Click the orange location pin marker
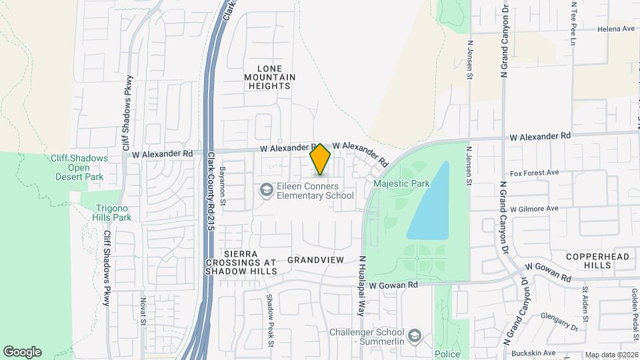click(321, 159)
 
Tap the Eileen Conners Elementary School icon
click(266, 191)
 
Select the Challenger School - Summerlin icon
click(415, 335)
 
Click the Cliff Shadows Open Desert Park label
click(79, 167)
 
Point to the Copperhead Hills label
click(588, 261)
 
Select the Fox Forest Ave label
click(534, 173)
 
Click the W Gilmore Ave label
click(533, 209)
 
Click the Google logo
click(22, 352)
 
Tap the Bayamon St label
click(223, 186)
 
